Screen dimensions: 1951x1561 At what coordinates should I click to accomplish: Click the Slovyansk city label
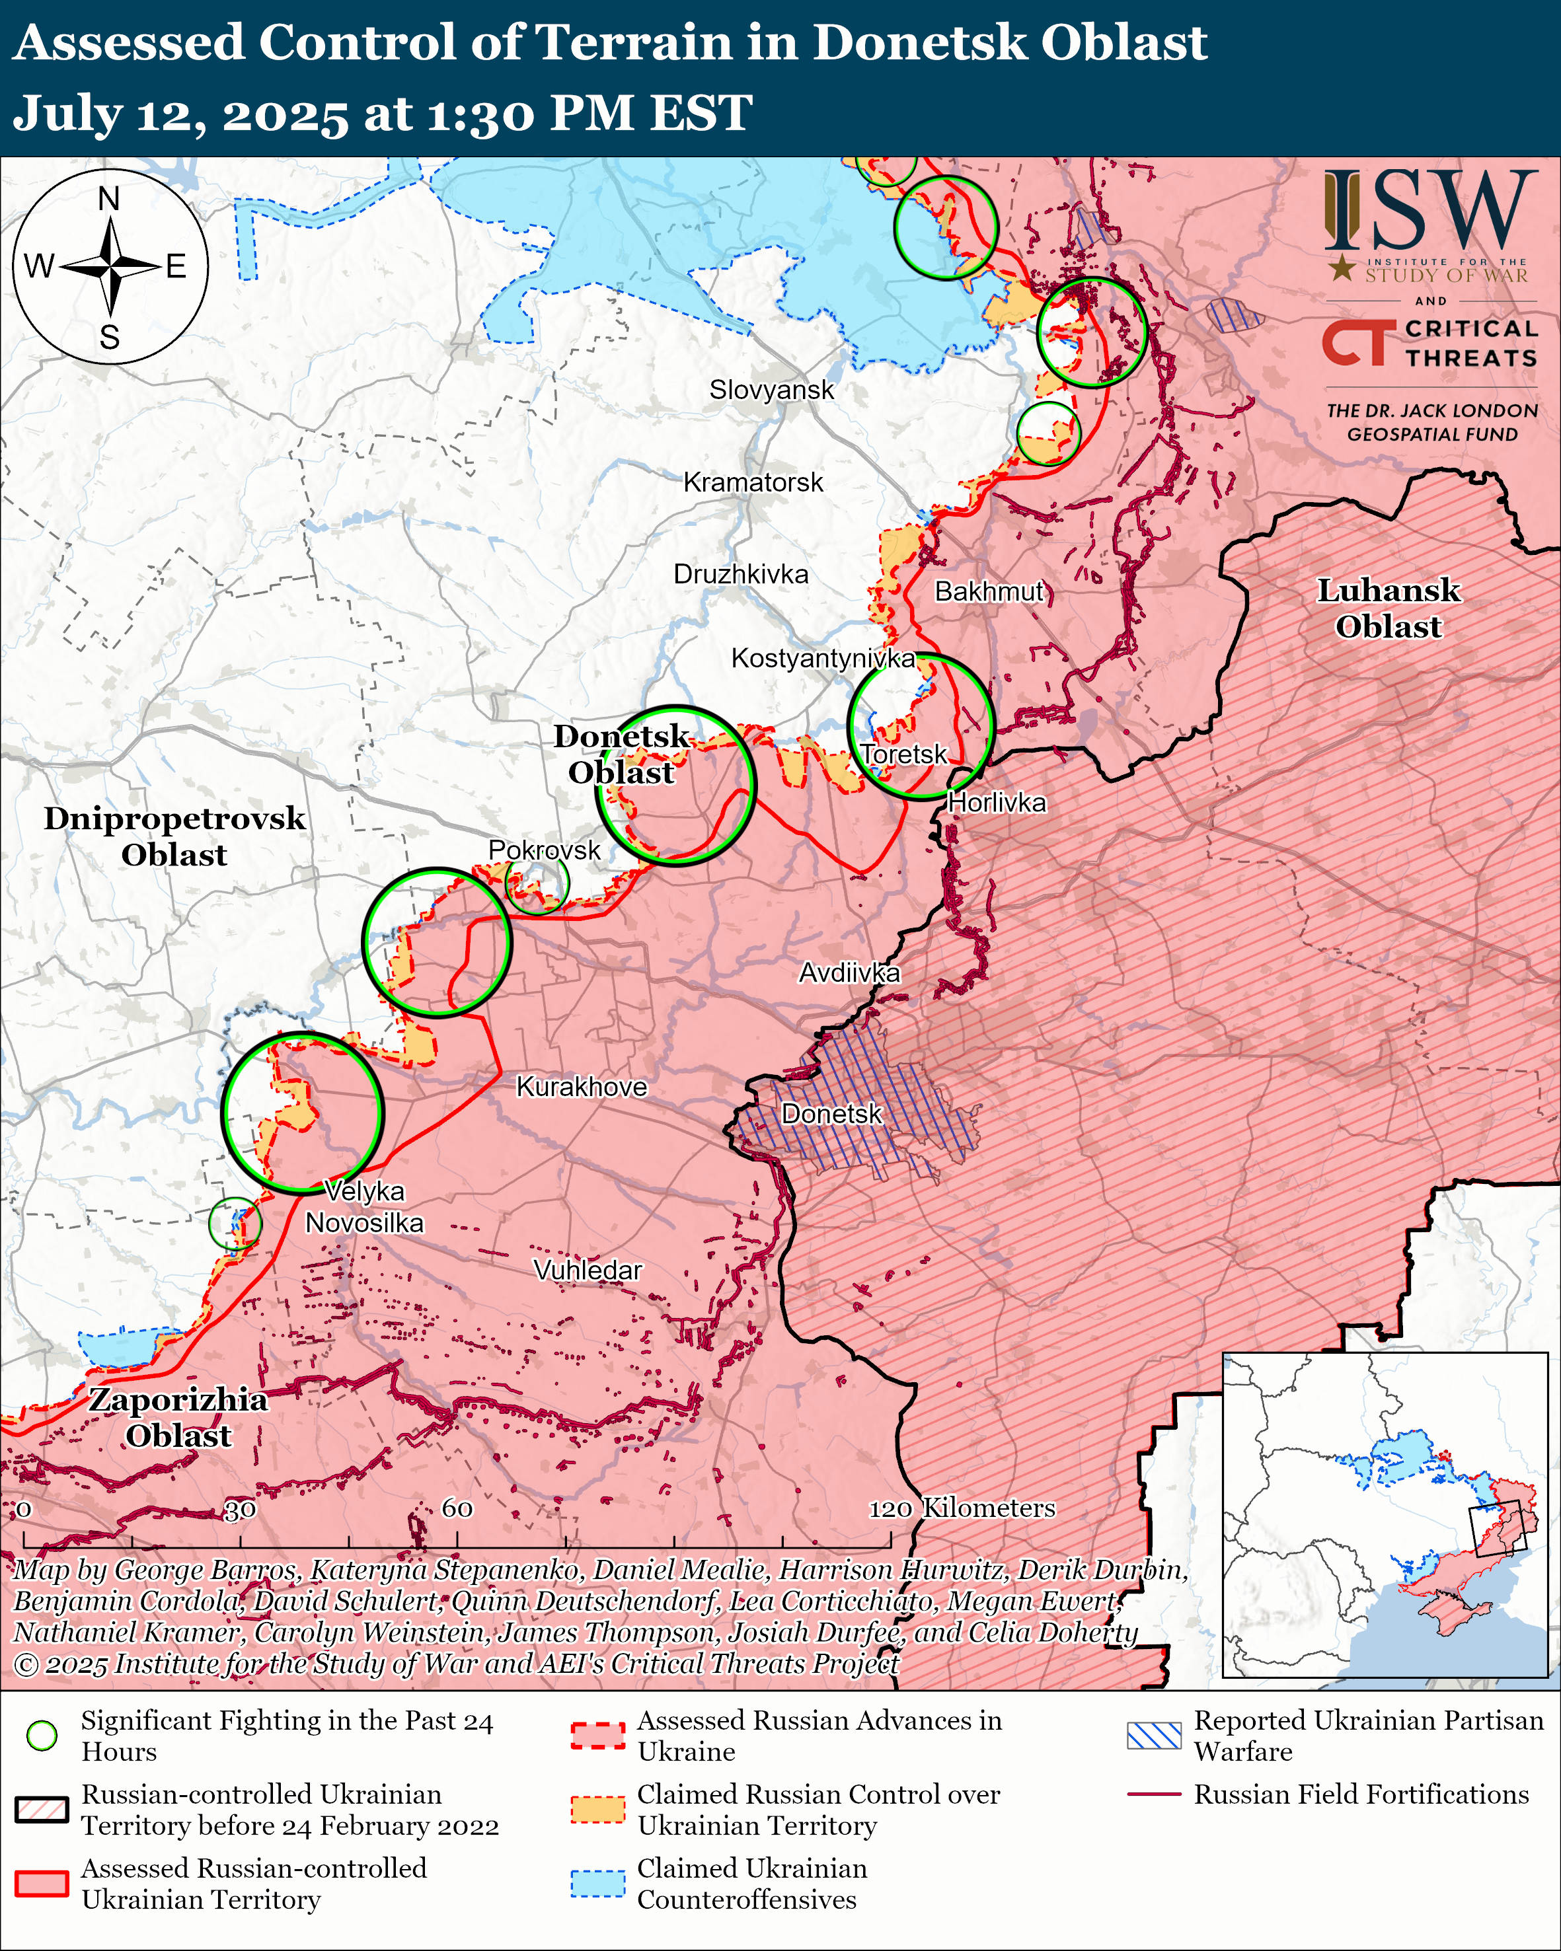pyautogui.click(x=771, y=390)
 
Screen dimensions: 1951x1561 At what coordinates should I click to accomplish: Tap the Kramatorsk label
pyautogui.click(x=753, y=482)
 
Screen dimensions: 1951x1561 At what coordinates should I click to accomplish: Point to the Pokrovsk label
pyautogui.click(x=544, y=850)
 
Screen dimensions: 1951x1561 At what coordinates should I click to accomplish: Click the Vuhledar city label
pyautogui.click(x=588, y=1270)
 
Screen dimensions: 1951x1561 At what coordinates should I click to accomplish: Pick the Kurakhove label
pyautogui.click(x=581, y=1087)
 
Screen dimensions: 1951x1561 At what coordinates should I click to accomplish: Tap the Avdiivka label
pyautogui.click(x=849, y=973)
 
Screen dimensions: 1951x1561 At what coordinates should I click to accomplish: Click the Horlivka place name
pyautogui.click(x=997, y=803)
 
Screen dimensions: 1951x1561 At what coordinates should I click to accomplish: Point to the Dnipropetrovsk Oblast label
pyautogui.click(x=174, y=836)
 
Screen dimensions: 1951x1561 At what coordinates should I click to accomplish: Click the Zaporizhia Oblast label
pyautogui.click(x=178, y=1417)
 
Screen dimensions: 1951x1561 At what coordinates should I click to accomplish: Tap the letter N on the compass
pyautogui.click(x=108, y=199)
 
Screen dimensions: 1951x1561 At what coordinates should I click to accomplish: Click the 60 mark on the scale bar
pyautogui.click(x=457, y=1508)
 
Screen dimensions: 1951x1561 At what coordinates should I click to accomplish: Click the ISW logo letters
pyautogui.click(x=1429, y=210)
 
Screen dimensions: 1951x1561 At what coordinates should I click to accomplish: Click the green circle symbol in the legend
pyautogui.click(x=42, y=1735)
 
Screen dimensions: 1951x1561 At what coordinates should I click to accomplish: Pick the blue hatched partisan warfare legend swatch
pyautogui.click(x=1154, y=1735)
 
